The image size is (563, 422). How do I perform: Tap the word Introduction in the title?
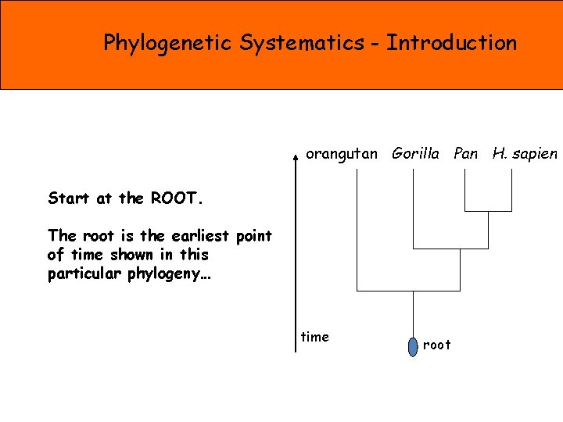click(x=451, y=42)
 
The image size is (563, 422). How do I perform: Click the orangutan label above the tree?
click(x=341, y=154)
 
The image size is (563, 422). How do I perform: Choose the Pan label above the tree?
click(x=465, y=154)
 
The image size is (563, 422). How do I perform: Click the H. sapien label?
click(x=525, y=154)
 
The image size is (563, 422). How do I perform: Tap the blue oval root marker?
click(x=414, y=345)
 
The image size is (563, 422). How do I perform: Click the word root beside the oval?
click(x=436, y=345)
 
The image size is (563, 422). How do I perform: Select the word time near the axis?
click(x=315, y=337)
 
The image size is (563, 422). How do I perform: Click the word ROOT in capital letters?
click(x=177, y=198)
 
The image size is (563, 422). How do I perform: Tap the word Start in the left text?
click(x=70, y=198)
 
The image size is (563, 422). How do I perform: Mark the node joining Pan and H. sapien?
click(x=488, y=211)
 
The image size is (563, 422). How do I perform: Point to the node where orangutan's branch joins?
click(x=414, y=291)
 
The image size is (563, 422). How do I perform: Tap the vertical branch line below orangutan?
click(x=357, y=227)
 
